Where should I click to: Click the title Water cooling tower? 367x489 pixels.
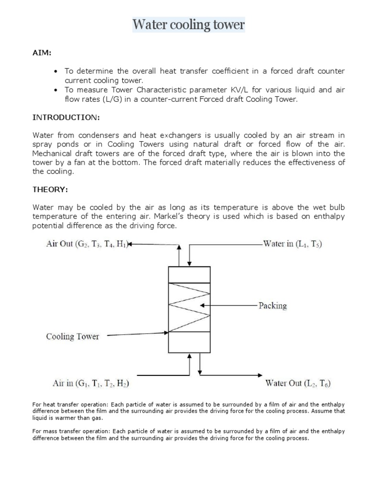pyautogui.click(x=188, y=24)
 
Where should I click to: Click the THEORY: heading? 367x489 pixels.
pyautogui.click(x=50, y=190)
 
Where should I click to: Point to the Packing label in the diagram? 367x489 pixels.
pyautogui.click(x=272, y=306)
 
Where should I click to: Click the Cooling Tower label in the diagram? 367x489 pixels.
pyautogui.click(x=72, y=336)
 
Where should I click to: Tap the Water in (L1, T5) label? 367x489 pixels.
pyautogui.click(x=293, y=244)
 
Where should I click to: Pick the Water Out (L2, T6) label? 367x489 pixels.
pyautogui.click(x=298, y=383)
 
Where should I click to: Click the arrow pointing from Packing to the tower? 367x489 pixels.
pyautogui.click(x=229, y=306)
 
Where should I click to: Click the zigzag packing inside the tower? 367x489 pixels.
pyautogui.click(x=189, y=307)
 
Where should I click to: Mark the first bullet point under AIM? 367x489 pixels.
pyautogui.click(x=56, y=71)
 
